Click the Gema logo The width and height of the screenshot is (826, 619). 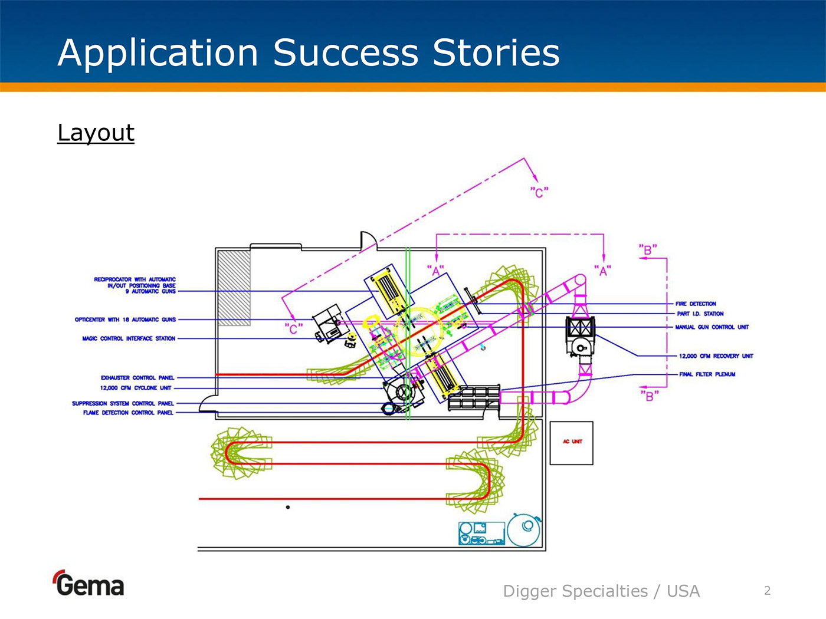tap(89, 584)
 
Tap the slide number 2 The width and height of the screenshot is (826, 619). tap(767, 591)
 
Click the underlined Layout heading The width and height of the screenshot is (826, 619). tap(96, 133)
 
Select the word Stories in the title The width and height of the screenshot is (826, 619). tap(496, 52)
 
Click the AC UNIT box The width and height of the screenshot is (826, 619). tap(571, 443)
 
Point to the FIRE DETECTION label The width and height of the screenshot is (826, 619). tap(696, 304)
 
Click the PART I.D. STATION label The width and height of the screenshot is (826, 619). tap(700, 314)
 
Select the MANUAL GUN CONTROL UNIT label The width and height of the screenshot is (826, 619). tap(712, 327)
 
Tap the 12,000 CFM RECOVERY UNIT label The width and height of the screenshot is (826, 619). tap(716, 356)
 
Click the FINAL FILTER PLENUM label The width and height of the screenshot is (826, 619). tap(707, 374)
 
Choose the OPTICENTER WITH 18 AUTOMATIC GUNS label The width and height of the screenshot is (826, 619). tap(125, 320)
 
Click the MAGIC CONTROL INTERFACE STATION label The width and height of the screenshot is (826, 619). tap(129, 338)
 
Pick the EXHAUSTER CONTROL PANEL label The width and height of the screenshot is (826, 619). tap(137, 378)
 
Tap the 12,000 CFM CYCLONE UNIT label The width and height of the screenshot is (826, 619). tap(136, 388)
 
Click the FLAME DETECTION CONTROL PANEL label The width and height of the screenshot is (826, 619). tap(128, 413)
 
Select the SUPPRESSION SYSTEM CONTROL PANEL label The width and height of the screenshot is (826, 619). tap(123, 404)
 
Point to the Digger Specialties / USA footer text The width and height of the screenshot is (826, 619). tap(601, 591)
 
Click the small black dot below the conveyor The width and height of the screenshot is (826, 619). tap(288, 507)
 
